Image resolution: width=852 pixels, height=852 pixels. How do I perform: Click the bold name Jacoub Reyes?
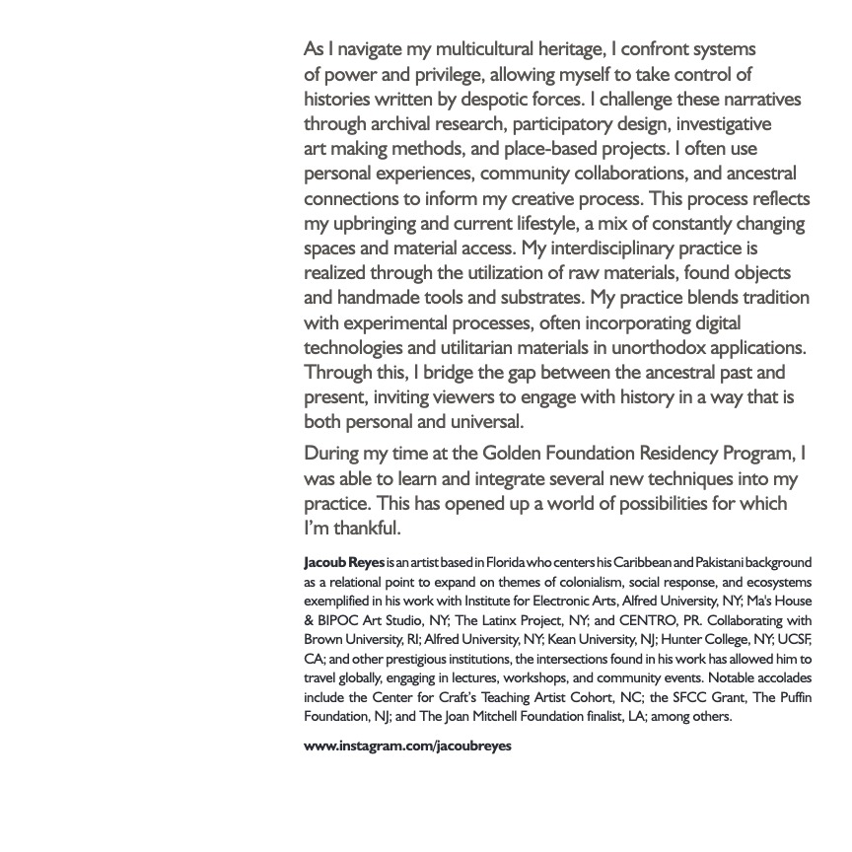pos(344,563)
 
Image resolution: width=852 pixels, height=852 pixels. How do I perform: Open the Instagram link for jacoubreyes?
pos(407,745)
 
